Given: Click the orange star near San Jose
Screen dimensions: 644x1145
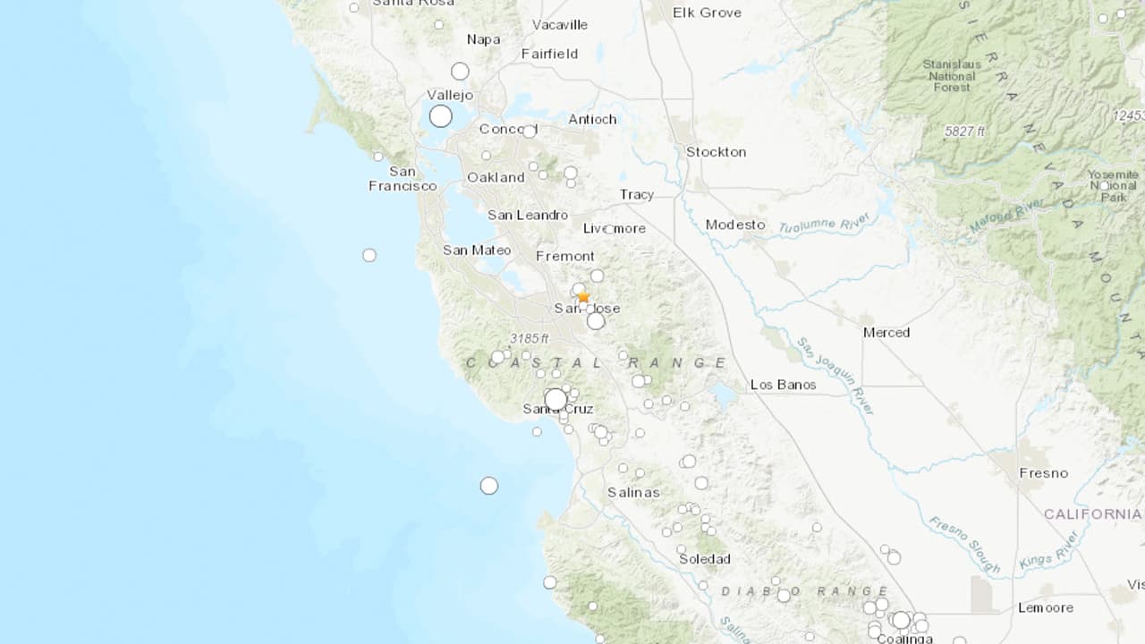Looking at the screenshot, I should coord(583,296).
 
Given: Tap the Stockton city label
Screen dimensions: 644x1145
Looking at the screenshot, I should coord(716,152).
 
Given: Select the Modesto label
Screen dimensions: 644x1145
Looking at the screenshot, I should coord(735,225).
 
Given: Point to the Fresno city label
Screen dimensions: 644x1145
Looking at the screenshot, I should coord(1043,473).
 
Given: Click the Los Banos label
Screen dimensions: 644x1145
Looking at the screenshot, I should coord(783,385).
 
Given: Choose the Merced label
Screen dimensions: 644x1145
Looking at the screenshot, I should coord(886,333).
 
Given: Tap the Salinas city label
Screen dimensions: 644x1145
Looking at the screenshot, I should coord(633,492).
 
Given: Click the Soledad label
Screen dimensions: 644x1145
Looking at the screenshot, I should coord(705,559).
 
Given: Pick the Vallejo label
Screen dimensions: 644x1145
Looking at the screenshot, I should coord(450,95).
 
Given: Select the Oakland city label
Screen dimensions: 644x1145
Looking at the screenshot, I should coord(496,177).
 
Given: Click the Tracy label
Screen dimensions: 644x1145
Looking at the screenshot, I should coord(637,195).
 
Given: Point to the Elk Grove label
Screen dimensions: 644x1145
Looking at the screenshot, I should coord(707,13).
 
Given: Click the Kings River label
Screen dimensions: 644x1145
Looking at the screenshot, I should coord(1048,550).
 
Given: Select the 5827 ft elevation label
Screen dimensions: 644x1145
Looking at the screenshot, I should coord(964,131).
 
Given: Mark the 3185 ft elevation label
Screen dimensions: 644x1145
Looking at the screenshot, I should coord(529,338).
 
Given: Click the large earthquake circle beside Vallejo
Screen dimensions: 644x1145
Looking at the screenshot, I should coord(440,116).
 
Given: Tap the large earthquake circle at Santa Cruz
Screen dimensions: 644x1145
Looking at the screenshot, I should coord(556,399).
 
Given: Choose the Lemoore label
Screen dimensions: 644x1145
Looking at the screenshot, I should coord(1045,608).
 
